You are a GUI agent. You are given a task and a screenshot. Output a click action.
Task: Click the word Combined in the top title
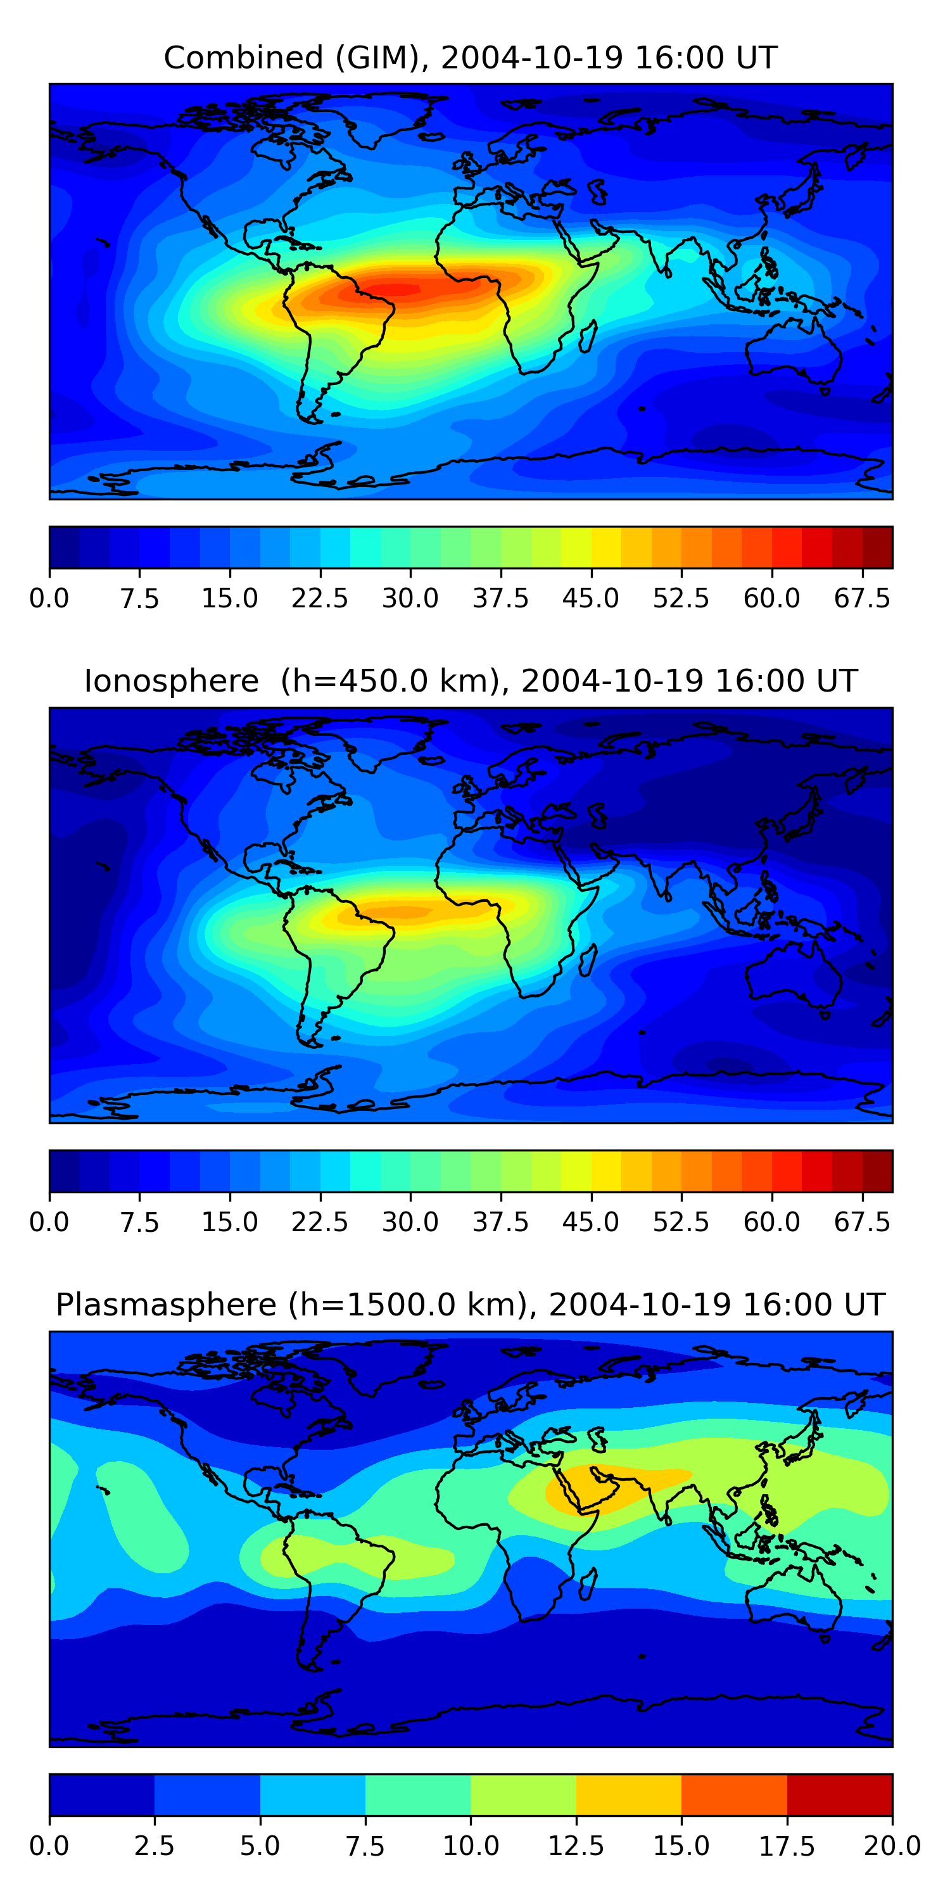243,58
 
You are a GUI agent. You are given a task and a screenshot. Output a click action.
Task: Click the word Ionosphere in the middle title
171,681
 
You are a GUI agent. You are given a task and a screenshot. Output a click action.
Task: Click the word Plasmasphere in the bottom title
166,1305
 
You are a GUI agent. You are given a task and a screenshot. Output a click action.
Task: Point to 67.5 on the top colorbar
862,598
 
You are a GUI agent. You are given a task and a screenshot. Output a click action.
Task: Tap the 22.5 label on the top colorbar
319,598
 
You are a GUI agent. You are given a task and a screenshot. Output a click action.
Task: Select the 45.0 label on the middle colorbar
590,1222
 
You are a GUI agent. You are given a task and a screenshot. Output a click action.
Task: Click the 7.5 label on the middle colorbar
139,1222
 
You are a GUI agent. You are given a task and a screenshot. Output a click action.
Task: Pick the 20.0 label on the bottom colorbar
892,1846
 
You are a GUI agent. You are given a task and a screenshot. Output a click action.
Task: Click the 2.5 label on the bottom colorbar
154,1846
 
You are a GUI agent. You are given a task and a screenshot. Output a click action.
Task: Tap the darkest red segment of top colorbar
877,547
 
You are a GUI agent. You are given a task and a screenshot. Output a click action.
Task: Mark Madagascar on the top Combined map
588,336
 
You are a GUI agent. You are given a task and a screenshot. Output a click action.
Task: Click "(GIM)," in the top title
381,58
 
